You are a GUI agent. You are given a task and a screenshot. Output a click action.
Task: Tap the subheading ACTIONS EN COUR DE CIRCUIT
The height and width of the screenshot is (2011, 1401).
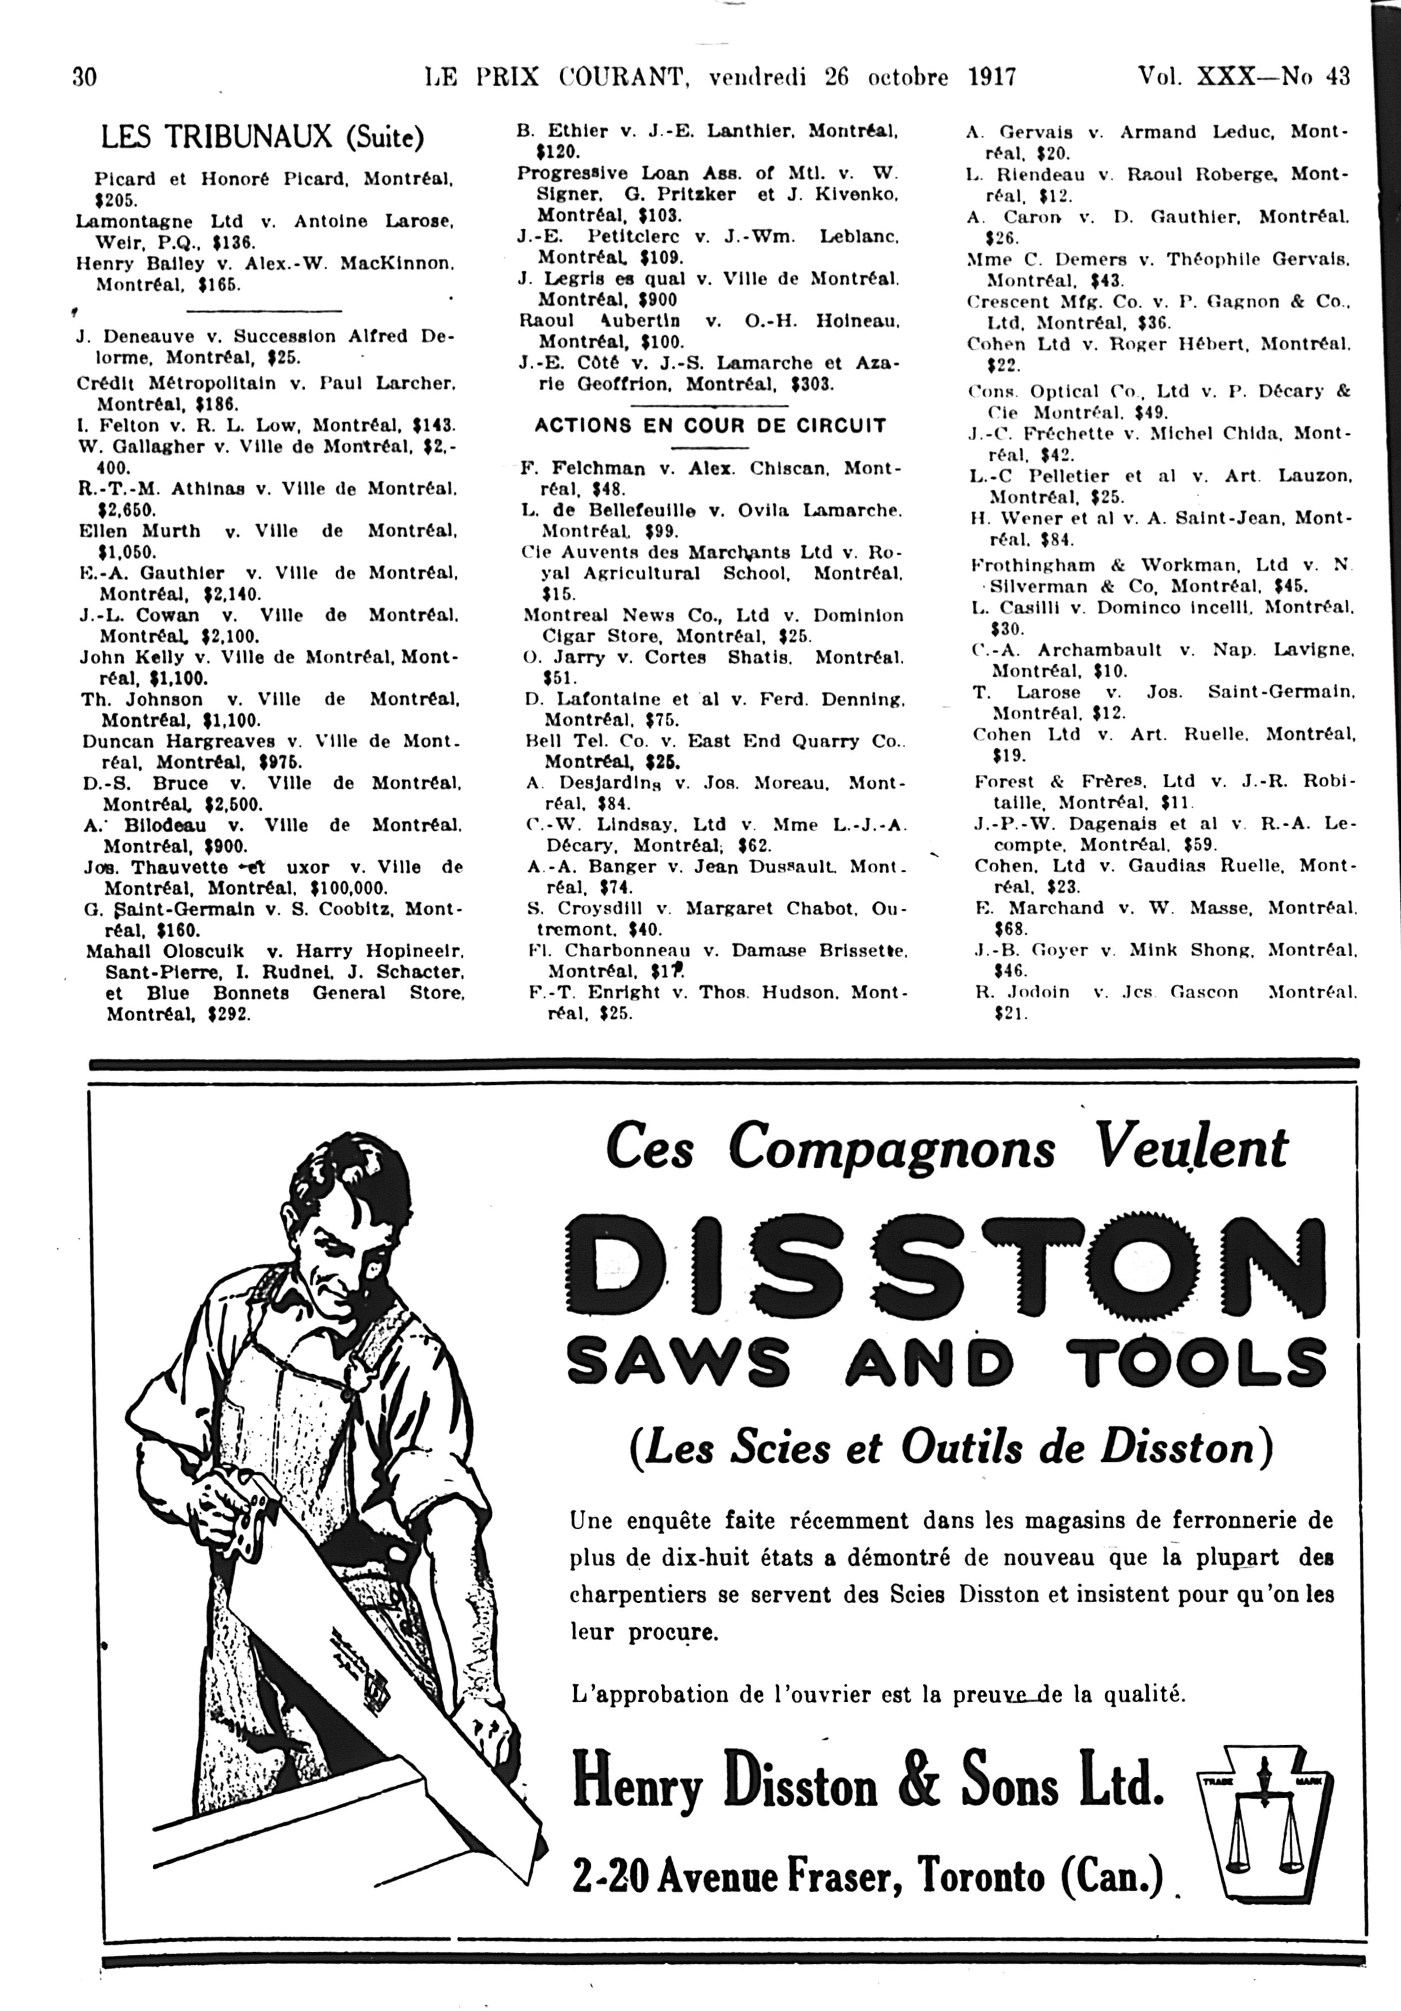tap(710, 426)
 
